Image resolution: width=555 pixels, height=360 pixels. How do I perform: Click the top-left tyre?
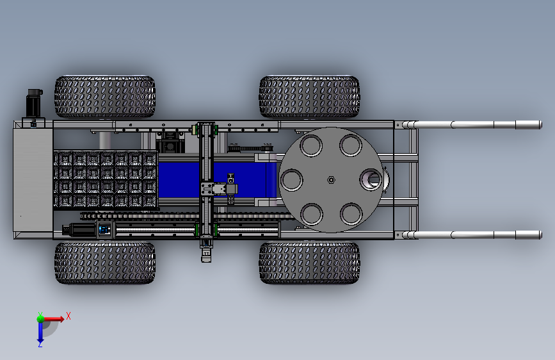point(105,96)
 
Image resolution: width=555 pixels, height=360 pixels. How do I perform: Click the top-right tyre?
point(309,96)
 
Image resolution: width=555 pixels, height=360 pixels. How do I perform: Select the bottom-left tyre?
point(105,263)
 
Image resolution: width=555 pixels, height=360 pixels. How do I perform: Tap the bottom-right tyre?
point(309,263)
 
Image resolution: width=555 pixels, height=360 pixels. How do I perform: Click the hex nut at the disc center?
point(331,180)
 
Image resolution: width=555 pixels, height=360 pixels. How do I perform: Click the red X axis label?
point(68,316)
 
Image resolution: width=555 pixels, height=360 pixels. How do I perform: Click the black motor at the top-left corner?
point(35,102)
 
